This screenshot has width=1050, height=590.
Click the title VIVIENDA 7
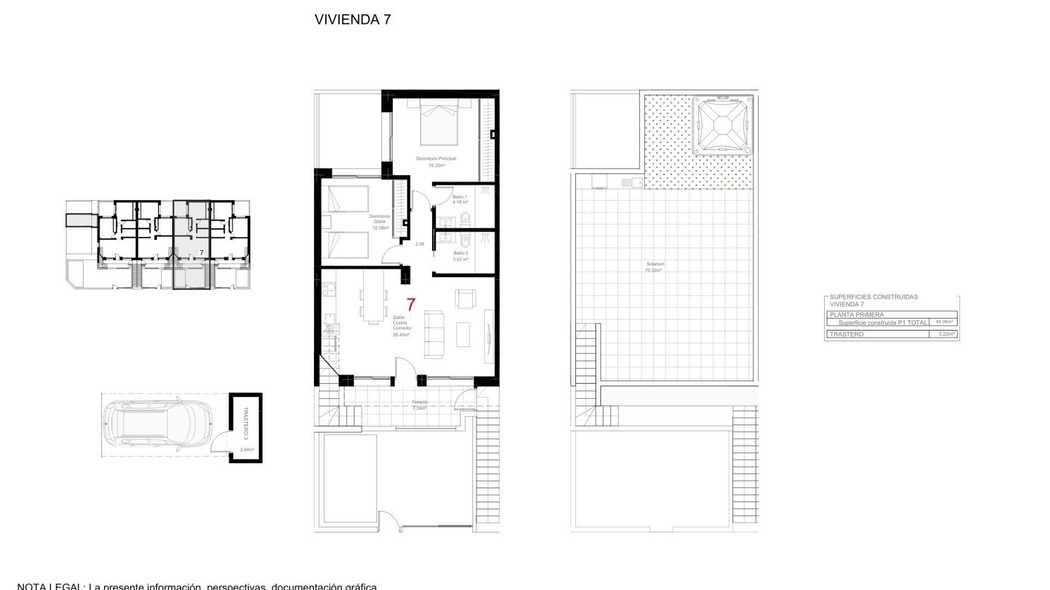pos(352,20)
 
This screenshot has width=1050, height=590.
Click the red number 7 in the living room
pos(411,304)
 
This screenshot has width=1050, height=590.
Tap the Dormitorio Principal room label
pos(436,159)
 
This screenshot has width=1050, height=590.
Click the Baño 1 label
pos(460,197)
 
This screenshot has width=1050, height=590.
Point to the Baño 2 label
pos(460,253)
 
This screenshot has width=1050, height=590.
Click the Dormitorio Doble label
pos(380,219)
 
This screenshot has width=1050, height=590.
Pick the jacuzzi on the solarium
pos(722,126)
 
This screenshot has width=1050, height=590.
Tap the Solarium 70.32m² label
pos(655,267)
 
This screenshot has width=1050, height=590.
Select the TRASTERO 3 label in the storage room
pos(246,423)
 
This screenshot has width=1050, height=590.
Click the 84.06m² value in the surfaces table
pos(944,322)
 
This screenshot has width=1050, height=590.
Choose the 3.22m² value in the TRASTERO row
pos(946,334)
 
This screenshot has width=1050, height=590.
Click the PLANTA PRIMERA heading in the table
pos(856,315)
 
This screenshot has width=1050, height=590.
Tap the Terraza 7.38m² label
pos(419,405)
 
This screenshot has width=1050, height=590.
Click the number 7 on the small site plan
pos(201,252)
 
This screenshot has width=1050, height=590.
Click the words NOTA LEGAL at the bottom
pos(49,586)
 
